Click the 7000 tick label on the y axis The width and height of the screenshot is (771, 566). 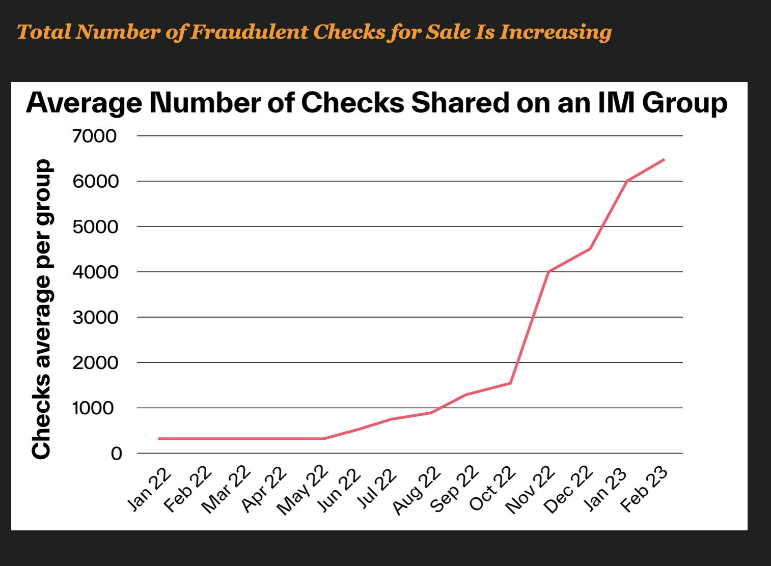click(94, 136)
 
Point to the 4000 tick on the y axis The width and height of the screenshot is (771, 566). click(95, 272)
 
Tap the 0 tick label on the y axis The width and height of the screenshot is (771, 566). click(116, 454)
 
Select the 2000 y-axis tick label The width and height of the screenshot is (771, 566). click(95, 363)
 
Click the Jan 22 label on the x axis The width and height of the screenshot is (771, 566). click(149, 488)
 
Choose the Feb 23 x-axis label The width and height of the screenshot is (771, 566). click(644, 489)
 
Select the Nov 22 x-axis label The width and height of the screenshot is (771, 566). click(530, 490)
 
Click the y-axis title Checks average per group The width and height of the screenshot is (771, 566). click(42, 309)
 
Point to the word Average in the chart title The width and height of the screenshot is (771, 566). click(84, 103)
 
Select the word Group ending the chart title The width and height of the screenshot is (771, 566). click(684, 103)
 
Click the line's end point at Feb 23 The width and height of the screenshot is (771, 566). click(664, 159)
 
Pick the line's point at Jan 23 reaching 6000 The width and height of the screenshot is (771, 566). click(627, 181)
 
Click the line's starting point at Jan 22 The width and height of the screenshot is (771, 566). click(159, 439)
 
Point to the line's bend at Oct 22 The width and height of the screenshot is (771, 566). click(510, 383)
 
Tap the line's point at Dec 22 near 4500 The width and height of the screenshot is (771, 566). click(590, 249)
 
